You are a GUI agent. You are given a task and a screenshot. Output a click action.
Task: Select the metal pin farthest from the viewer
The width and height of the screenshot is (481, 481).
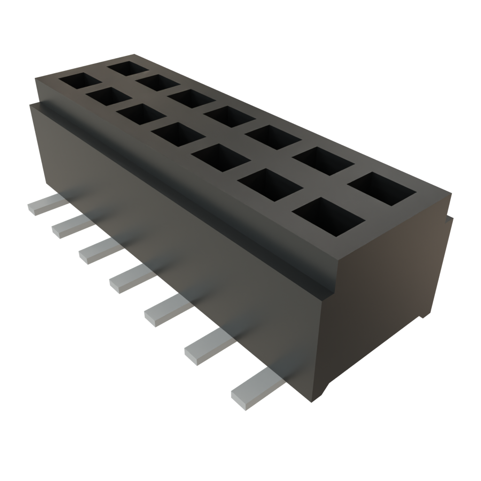point(45,206)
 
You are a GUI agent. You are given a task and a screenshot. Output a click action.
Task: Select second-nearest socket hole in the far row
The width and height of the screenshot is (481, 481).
point(324,161)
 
